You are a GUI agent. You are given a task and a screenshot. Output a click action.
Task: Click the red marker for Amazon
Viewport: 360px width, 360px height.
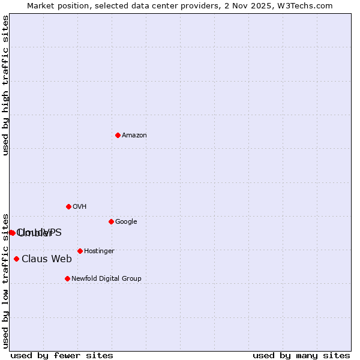click(x=118, y=135)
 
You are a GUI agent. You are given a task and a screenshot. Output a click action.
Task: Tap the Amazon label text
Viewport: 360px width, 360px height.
click(x=134, y=136)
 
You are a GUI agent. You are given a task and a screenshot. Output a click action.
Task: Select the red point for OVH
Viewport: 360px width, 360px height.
click(x=68, y=206)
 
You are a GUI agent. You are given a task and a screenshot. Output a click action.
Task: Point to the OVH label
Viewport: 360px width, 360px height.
click(x=80, y=207)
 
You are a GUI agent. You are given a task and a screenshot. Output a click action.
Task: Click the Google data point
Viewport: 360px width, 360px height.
click(x=111, y=221)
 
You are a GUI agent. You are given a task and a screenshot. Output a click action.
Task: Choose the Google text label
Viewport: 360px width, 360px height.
click(x=126, y=222)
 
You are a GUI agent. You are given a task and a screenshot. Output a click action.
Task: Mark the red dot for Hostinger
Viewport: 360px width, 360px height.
click(x=80, y=251)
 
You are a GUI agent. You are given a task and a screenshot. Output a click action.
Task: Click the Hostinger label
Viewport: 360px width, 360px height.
click(x=99, y=251)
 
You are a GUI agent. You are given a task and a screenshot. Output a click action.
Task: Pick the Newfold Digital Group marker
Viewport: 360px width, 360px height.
click(x=67, y=278)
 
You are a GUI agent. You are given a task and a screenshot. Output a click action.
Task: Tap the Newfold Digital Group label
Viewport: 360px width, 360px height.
click(x=106, y=279)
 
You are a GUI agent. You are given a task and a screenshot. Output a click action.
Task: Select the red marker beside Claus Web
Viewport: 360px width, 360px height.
click(x=16, y=259)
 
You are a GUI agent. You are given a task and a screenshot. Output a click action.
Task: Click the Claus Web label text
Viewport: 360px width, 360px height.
click(x=47, y=259)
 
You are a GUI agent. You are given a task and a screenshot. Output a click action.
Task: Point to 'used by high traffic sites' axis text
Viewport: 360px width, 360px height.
click(x=5, y=85)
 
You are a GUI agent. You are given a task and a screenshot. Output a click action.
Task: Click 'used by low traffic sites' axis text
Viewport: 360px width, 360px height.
click(x=5, y=280)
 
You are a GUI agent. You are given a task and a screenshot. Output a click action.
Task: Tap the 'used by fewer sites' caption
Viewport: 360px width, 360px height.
click(x=62, y=356)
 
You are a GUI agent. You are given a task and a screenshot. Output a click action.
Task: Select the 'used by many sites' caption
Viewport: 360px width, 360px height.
click(x=301, y=356)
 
